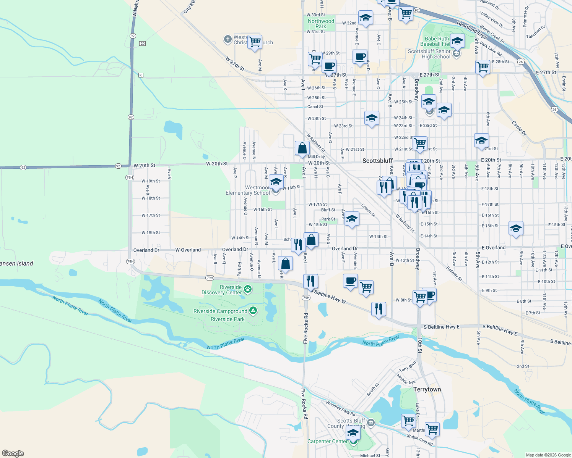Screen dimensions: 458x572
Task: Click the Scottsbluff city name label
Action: coord(377,161)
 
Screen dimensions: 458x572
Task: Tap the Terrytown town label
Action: coord(427,389)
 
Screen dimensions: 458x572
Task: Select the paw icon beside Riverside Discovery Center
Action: coord(248,289)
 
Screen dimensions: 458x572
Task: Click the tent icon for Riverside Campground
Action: coord(253,311)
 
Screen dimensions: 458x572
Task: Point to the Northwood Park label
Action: coord(321,24)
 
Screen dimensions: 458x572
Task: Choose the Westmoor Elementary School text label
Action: coord(248,190)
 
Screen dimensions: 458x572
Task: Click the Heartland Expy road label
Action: coord(472,30)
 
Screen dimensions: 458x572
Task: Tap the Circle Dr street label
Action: coord(519,128)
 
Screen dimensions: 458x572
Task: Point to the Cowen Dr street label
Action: coord(369,210)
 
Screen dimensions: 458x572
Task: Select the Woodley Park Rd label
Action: coord(340,408)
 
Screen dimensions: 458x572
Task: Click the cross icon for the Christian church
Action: coord(227,39)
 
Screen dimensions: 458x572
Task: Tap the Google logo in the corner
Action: coord(13,453)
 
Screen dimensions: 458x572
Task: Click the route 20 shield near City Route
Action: coord(143,44)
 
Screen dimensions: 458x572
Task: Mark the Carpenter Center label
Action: coord(327,441)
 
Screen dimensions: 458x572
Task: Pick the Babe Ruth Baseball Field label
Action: coord(436,41)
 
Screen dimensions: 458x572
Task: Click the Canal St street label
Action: coord(315,107)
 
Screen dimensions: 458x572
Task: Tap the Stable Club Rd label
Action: coord(419,440)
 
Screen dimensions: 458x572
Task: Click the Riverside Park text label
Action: coord(227,319)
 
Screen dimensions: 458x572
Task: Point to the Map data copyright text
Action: coord(548,455)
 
